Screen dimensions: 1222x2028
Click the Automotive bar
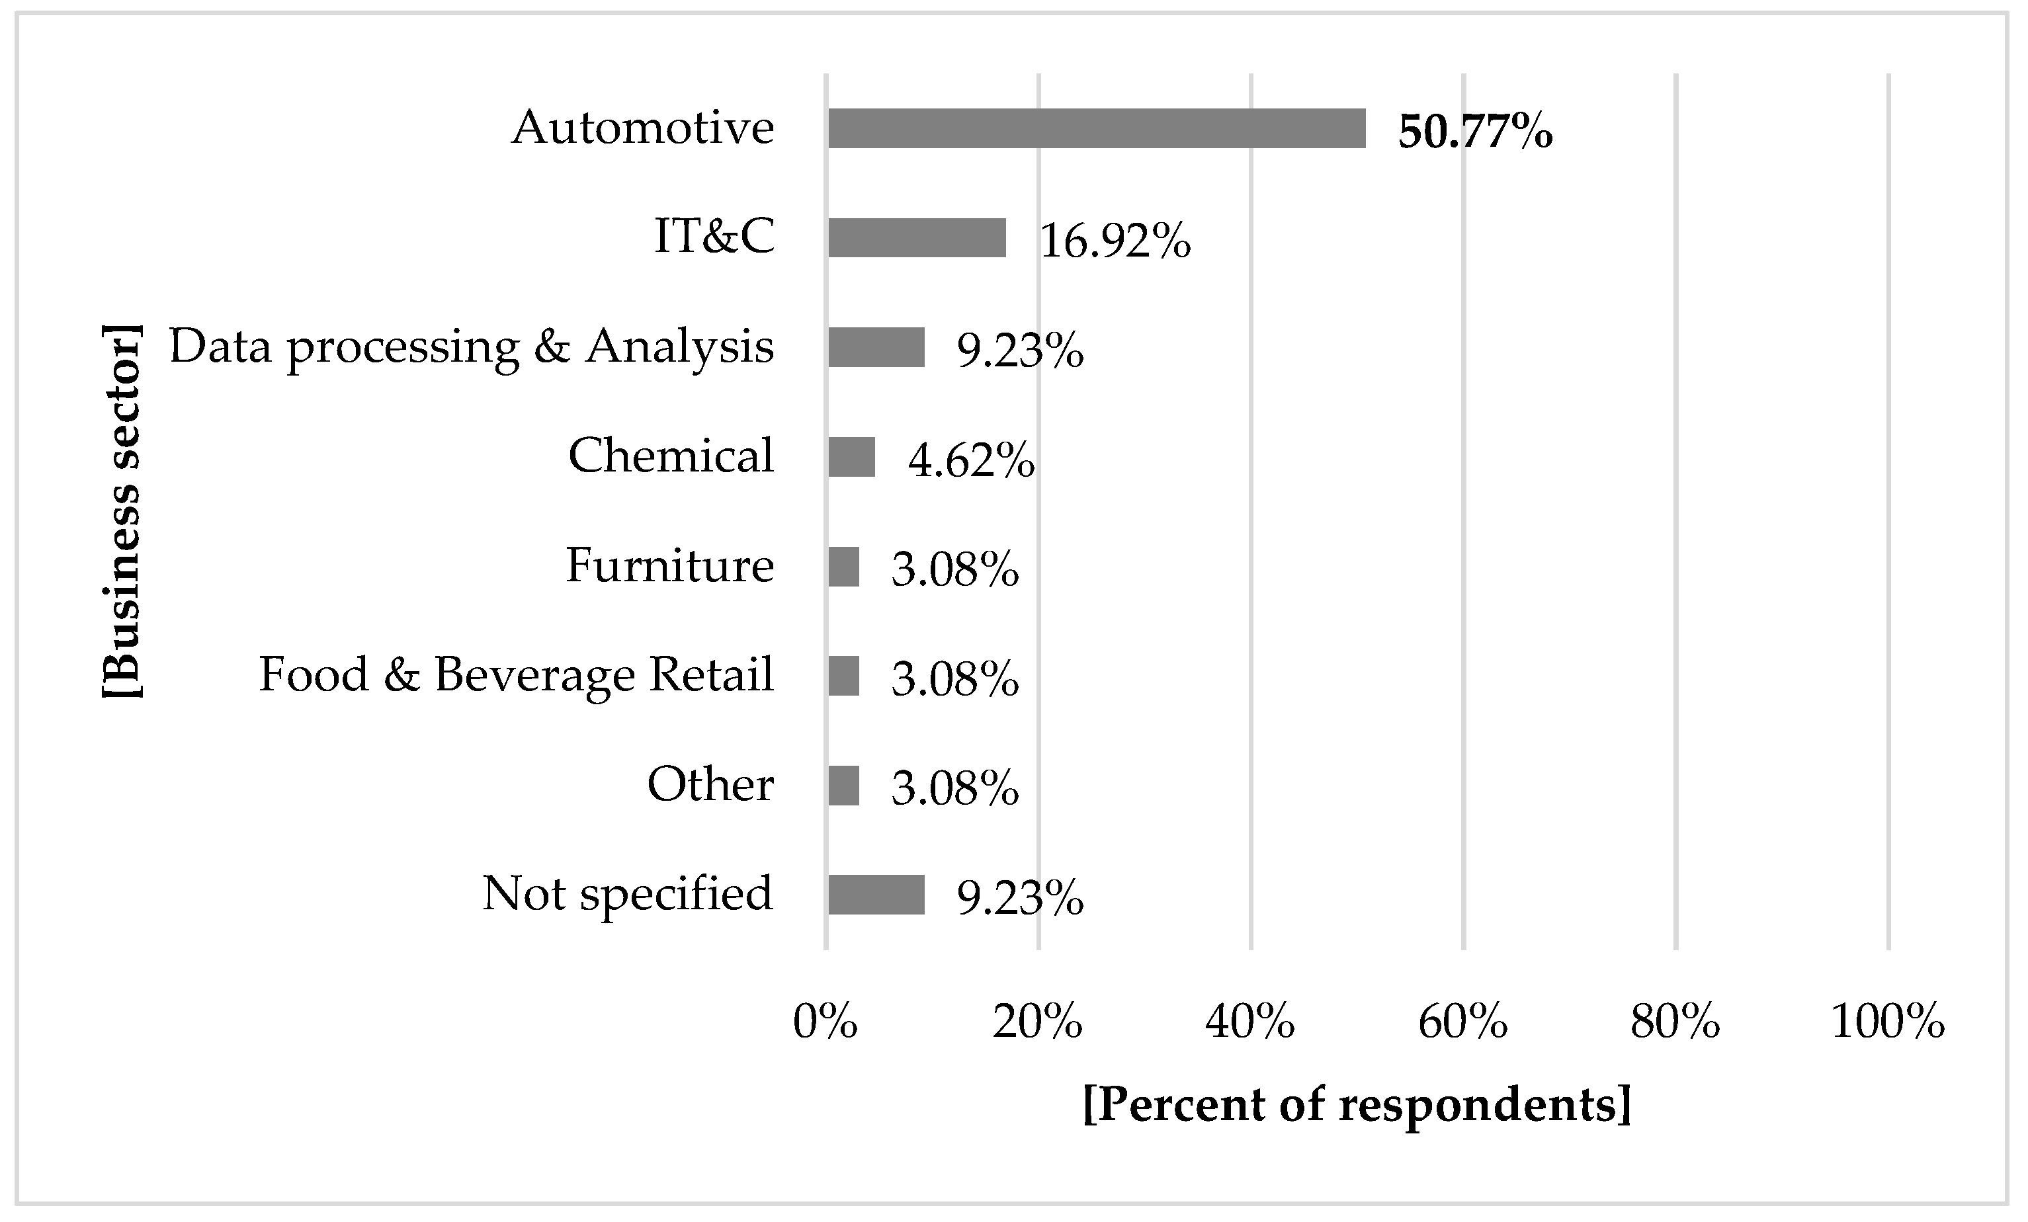click(1096, 128)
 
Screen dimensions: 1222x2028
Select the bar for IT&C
click(917, 238)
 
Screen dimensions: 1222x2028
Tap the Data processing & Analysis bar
click(876, 347)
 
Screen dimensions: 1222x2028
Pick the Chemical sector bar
click(851, 457)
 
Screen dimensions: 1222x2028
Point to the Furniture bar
click(843, 567)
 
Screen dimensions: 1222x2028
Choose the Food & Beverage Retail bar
click(843, 676)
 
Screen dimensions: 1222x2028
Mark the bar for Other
click(843, 786)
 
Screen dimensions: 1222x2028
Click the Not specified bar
click(876, 895)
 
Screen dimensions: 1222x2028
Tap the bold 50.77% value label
click(1475, 132)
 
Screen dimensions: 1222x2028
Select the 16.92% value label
click(1115, 241)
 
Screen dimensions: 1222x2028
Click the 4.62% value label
click(971, 460)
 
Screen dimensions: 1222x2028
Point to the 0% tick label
click(825, 1023)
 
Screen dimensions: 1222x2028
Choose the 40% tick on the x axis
click(1250, 1023)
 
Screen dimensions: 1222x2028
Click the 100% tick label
click(1888, 1023)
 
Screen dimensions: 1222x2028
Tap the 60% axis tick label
click(1462, 1023)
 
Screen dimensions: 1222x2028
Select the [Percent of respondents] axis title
click(1357, 1104)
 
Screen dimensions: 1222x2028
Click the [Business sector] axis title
click(122, 511)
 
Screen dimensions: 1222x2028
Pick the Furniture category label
click(670, 566)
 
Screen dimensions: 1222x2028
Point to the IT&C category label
click(714, 237)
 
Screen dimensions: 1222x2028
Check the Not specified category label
click(628, 893)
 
